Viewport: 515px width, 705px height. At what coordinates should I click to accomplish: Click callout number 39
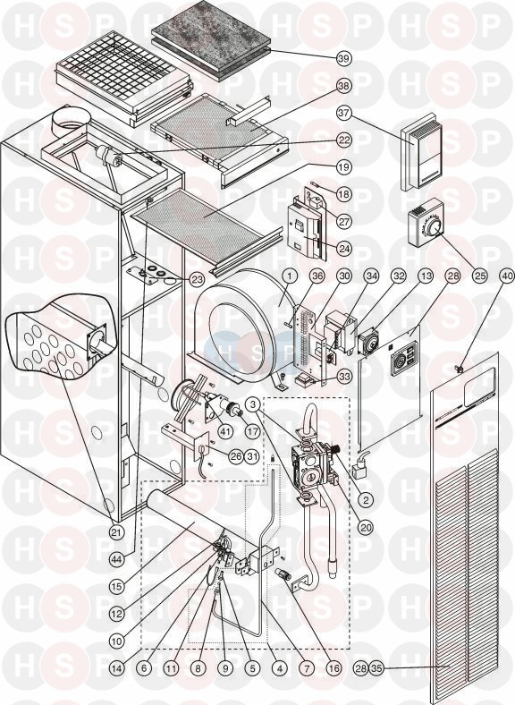pyautogui.click(x=344, y=58)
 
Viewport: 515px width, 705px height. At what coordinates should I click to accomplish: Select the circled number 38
pyautogui.click(x=344, y=86)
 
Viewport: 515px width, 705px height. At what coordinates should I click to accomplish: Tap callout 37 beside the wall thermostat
pyautogui.click(x=344, y=113)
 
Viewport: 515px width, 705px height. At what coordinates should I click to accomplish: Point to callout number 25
pyautogui.click(x=480, y=276)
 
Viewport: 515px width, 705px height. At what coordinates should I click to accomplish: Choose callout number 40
pyautogui.click(x=508, y=276)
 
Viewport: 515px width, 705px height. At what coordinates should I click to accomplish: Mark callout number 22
pyautogui.click(x=344, y=140)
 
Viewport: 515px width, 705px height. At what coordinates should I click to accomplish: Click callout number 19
pyautogui.click(x=344, y=167)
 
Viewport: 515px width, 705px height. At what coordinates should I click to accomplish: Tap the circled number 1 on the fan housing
pyautogui.click(x=290, y=276)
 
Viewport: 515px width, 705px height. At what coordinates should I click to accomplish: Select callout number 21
pyautogui.click(x=117, y=532)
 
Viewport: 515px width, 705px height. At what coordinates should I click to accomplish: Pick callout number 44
pyautogui.click(x=117, y=560)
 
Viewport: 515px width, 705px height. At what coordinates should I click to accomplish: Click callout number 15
pyautogui.click(x=117, y=587)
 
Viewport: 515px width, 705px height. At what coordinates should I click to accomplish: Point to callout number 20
pyautogui.click(x=366, y=527)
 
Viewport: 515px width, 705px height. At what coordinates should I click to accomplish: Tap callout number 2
pyautogui.click(x=366, y=499)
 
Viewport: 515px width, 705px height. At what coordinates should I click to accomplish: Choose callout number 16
pyautogui.click(x=333, y=668)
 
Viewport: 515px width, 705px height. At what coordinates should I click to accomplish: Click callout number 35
pyautogui.click(x=376, y=668)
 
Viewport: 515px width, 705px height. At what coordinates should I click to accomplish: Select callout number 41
pyautogui.click(x=225, y=431)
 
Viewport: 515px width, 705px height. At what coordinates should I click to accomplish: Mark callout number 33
pyautogui.click(x=344, y=377)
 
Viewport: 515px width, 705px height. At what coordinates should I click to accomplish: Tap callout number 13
pyautogui.click(x=426, y=276)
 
